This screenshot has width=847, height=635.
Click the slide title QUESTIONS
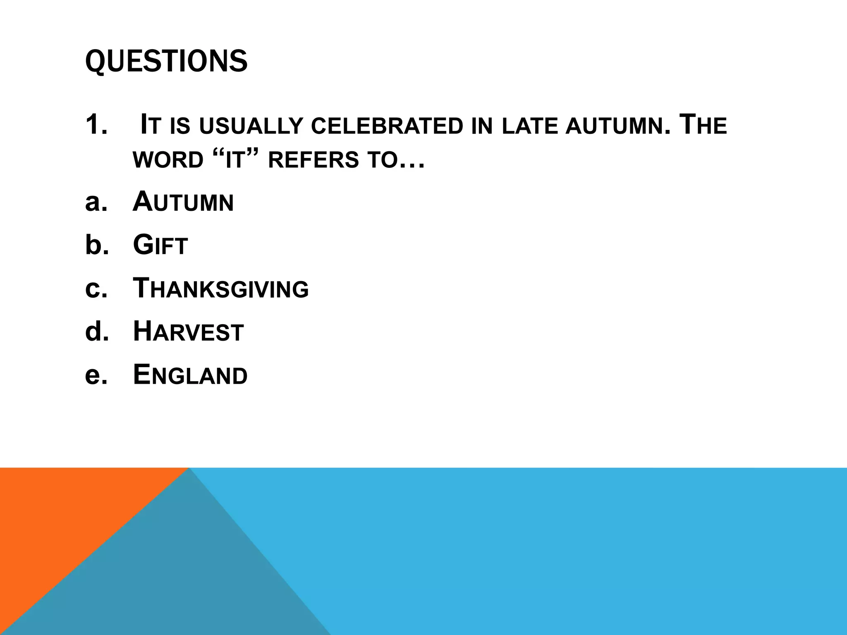click(x=166, y=61)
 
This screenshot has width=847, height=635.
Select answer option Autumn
click(x=183, y=202)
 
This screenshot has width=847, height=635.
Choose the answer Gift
click(x=160, y=245)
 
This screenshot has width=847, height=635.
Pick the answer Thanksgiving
click(x=220, y=289)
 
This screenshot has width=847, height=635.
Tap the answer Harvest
click(x=188, y=332)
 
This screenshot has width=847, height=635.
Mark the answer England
click(x=190, y=375)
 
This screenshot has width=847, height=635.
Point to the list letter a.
click(x=96, y=202)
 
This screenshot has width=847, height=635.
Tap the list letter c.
click(x=96, y=289)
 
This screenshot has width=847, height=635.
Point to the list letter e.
click(x=96, y=375)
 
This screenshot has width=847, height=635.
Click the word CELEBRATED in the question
click(x=387, y=126)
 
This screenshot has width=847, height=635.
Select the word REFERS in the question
click(x=313, y=160)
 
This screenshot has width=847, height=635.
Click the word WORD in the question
click(x=168, y=160)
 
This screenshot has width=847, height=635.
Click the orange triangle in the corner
click(x=62, y=517)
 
